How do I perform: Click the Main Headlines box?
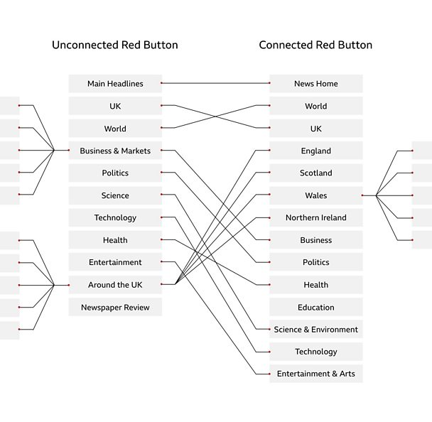(x=115, y=83)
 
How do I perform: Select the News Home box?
(x=316, y=83)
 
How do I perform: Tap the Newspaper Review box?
(x=115, y=307)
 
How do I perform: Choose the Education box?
(x=316, y=307)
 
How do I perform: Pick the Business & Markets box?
(x=115, y=151)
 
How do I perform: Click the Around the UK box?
(x=115, y=285)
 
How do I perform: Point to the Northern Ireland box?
(x=316, y=217)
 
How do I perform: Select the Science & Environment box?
(x=316, y=329)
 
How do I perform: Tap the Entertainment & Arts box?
(x=316, y=374)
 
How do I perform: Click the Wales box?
(x=316, y=195)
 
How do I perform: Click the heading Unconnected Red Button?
(x=115, y=45)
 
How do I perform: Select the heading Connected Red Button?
(x=315, y=45)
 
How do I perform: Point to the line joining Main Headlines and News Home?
(x=215, y=83)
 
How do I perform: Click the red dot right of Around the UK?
(x=161, y=284)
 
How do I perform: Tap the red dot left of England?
(x=269, y=151)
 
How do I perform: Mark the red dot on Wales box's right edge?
(x=362, y=195)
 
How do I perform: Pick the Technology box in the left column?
(x=115, y=217)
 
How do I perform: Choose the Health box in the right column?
(x=316, y=285)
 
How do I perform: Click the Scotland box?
(x=316, y=173)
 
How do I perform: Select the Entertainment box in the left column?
(x=115, y=262)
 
